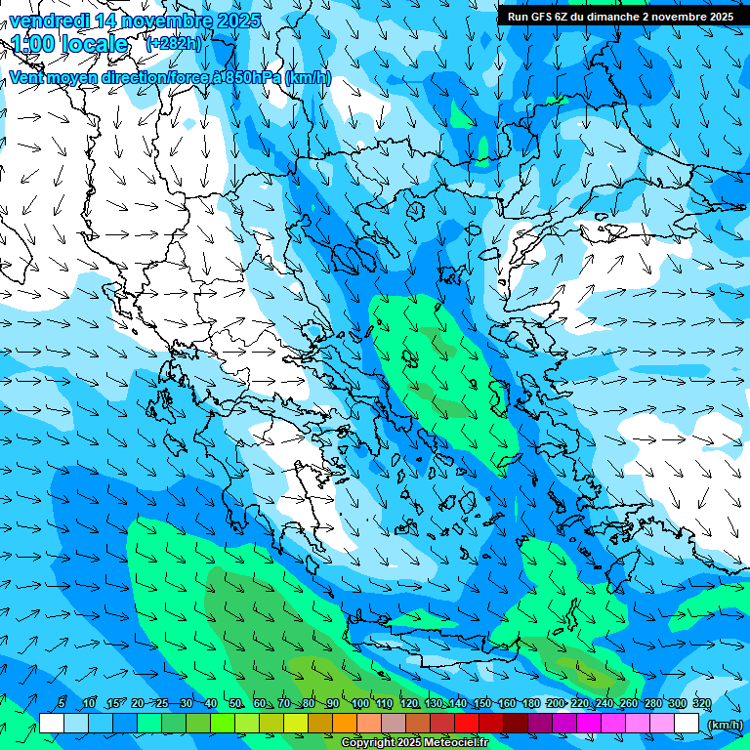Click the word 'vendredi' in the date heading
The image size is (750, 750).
(50, 21)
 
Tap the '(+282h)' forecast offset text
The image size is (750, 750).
(175, 43)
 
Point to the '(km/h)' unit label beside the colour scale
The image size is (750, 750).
(724, 724)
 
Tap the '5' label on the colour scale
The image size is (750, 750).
(62, 704)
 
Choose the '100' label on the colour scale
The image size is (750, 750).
(359, 704)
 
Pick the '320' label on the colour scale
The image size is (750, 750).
(701, 704)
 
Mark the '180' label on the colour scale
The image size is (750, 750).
(530, 704)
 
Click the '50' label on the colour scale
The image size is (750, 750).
(235, 704)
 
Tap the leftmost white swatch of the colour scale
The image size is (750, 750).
(52, 724)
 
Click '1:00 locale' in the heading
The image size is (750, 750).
(69, 44)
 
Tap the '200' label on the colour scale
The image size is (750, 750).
(555, 704)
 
